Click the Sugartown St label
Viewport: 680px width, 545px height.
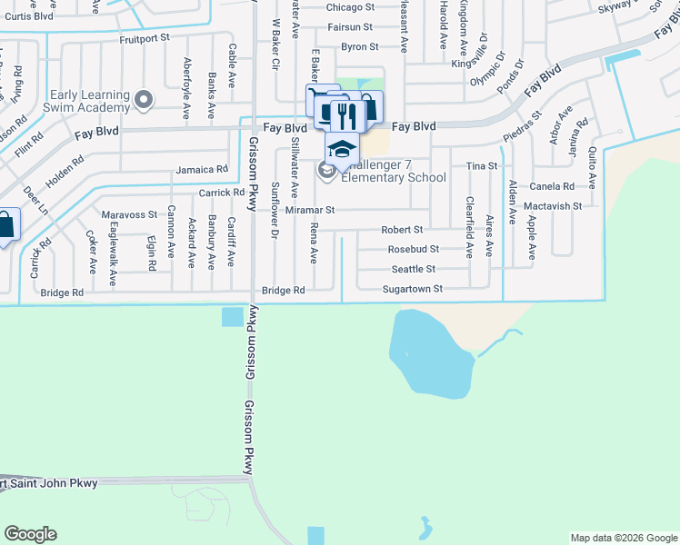tap(412, 289)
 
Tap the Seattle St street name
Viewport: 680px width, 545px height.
tap(414, 269)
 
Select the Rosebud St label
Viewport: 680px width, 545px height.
tap(414, 249)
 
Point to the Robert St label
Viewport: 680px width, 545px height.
tap(402, 230)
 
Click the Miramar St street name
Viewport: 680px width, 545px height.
tap(311, 210)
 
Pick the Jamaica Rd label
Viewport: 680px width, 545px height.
tap(202, 169)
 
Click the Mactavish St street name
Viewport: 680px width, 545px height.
tap(553, 206)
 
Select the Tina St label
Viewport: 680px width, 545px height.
tap(481, 166)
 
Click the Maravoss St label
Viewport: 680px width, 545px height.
tap(129, 214)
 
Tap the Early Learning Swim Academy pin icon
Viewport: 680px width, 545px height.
tap(143, 99)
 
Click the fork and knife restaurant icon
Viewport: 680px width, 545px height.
tap(344, 114)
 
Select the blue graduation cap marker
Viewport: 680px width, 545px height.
tap(342, 148)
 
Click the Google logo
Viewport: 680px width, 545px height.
tap(31, 534)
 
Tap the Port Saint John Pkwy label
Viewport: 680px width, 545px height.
tap(49, 483)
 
